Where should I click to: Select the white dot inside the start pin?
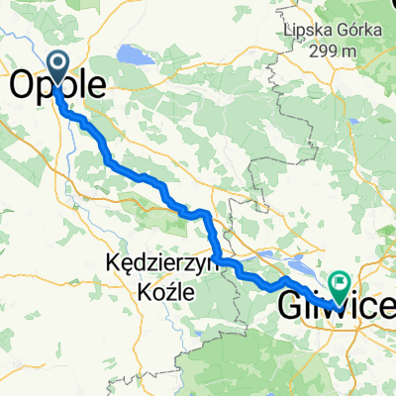(x=56, y=66)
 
